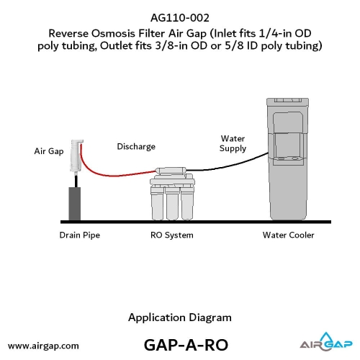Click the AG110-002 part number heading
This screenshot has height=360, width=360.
click(180, 18)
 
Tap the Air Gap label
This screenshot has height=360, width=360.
click(49, 151)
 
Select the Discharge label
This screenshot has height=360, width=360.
click(136, 146)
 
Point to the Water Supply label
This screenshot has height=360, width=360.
click(233, 143)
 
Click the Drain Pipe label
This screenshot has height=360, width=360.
click(80, 235)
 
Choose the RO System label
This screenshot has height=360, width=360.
click(172, 235)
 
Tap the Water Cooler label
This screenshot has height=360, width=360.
click(288, 235)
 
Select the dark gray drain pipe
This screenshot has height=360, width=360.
click(75, 204)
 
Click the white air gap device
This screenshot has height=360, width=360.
click(76, 156)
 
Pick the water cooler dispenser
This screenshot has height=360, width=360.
click(287, 158)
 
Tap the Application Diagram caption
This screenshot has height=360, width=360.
click(180, 318)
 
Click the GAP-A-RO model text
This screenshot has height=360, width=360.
click(186, 345)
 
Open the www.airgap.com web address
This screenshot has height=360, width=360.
click(43, 346)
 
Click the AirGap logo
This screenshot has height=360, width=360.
click(326, 341)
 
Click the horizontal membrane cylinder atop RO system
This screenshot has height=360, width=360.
click(171, 171)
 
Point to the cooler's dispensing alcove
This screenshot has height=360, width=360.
click(287, 146)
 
